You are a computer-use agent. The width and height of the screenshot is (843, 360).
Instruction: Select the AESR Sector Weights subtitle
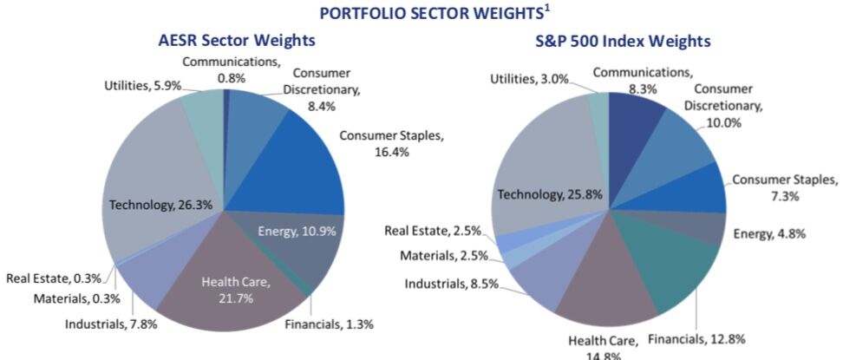[237, 41]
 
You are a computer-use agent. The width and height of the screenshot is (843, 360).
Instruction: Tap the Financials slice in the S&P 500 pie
[685, 278]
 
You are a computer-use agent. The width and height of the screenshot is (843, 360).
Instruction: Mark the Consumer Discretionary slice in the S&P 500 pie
[685, 143]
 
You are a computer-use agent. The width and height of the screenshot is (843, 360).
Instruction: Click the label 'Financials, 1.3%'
[330, 325]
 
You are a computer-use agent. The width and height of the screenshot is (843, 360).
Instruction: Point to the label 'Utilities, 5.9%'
[141, 86]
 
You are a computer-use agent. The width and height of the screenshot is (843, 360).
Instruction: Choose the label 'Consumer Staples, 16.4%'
[390, 143]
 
